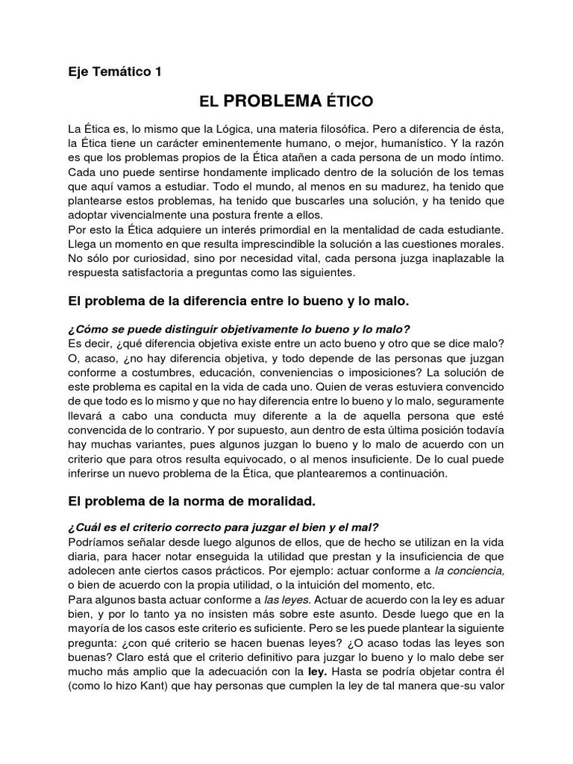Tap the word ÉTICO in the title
click(348, 101)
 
